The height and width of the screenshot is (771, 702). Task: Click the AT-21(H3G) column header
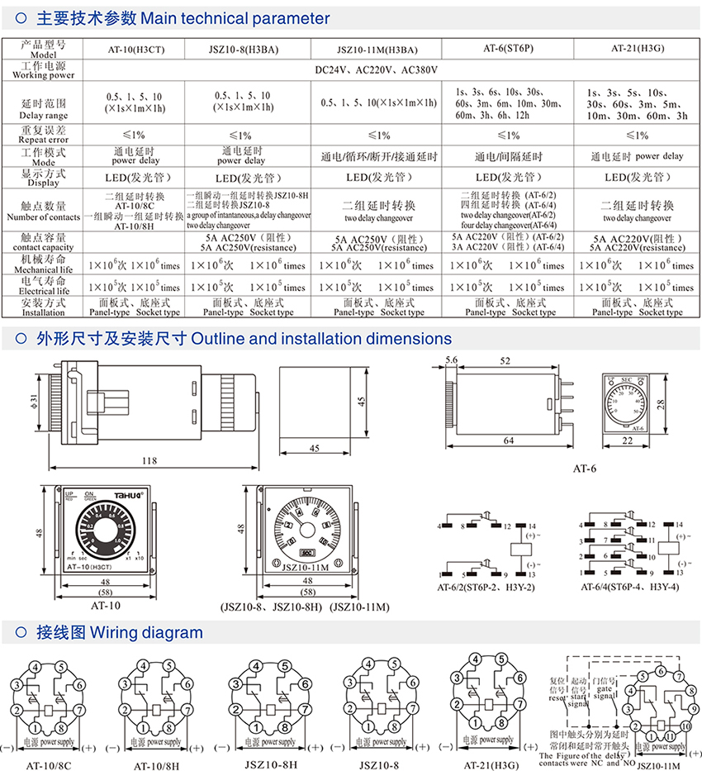pos(638,48)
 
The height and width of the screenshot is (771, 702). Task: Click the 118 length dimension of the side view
pos(149,460)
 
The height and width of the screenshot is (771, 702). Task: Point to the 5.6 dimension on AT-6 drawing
pos(451,360)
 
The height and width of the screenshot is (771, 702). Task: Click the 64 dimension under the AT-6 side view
pos(509,441)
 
